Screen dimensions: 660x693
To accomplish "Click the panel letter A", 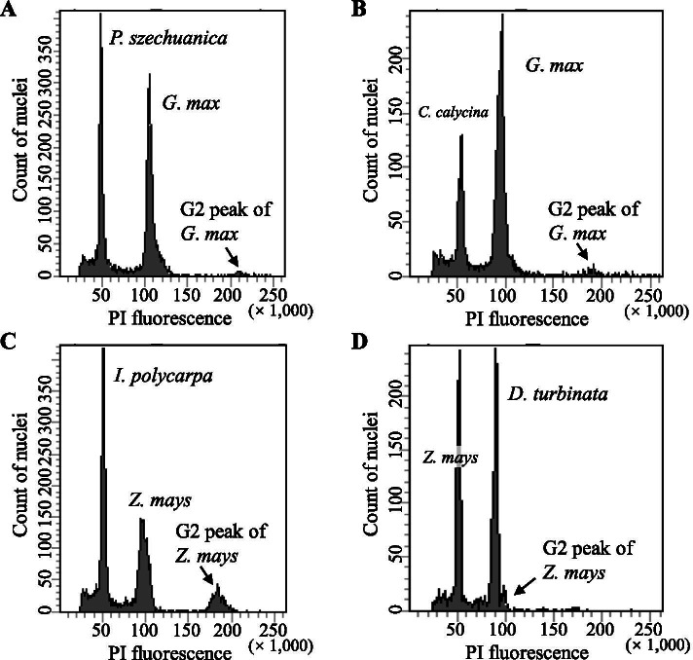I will click(10, 10).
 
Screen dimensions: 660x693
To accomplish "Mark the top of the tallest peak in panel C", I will click(102, 349).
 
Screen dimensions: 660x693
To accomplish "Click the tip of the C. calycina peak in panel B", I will click(461, 135).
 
